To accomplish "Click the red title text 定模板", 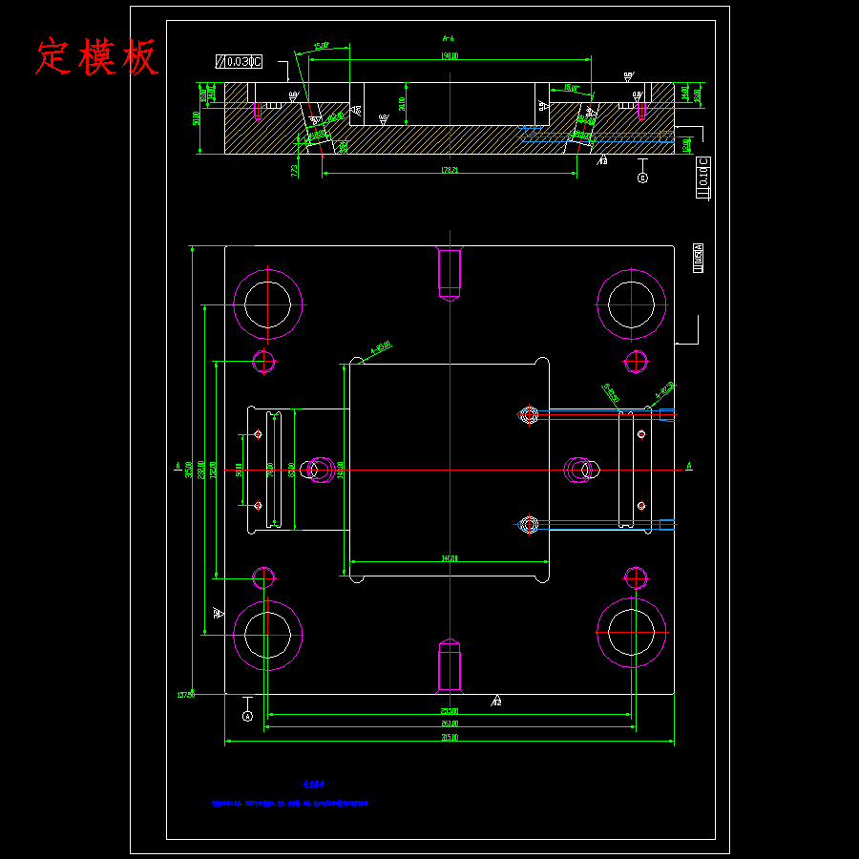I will tap(96, 57).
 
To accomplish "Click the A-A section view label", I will tap(448, 39).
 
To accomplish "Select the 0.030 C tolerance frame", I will tap(239, 62).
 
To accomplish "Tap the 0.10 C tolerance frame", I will tap(704, 178).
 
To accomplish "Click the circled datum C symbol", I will tap(642, 178).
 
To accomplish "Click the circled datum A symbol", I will tap(247, 714).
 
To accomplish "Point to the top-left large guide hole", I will tap(268, 304).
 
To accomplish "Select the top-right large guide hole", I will tap(631, 304).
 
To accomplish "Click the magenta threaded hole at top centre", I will tap(450, 273).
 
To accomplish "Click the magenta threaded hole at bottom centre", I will tap(450, 664).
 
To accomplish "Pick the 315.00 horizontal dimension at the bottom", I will tap(450, 738).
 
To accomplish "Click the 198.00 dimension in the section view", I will tap(450, 56).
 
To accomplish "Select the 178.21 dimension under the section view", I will tap(450, 170).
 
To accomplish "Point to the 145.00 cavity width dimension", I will tap(450, 558).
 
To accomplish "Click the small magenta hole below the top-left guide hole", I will tap(264, 361).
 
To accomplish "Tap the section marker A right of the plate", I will tap(689, 466).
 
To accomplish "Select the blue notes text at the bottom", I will tap(291, 804).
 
